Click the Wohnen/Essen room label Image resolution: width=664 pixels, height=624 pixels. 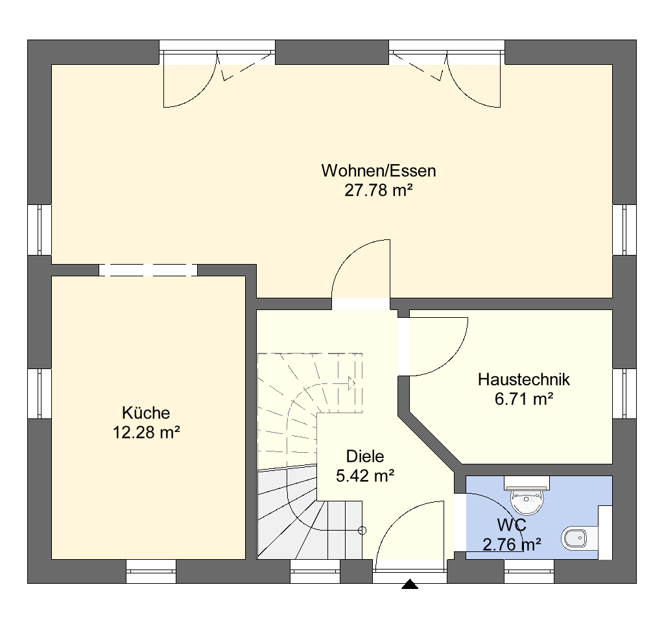coord(379,171)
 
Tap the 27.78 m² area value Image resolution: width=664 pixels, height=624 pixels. coord(379,191)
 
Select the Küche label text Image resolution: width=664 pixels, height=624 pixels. coord(146,413)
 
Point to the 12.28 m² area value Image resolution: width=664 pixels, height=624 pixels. coord(146,433)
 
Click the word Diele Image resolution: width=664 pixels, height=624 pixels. coord(365,456)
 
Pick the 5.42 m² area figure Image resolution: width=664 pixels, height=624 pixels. coord(365,476)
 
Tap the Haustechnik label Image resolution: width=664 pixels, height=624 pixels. coord(524,379)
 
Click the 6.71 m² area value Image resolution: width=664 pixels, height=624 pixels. coord(524,399)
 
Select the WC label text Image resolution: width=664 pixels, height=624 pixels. coord(512,525)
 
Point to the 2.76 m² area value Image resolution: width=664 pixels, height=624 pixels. coord(512,545)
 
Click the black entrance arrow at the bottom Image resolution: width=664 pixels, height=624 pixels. coord(410,584)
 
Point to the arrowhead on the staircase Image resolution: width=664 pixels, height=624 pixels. coord(351,383)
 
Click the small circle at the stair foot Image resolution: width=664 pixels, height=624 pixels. coord(362,531)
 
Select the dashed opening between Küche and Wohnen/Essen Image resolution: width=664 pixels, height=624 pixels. coord(148,270)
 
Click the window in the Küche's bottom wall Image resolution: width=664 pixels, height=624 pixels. coord(151,571)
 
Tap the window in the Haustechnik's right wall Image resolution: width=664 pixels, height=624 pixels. coord(624,394)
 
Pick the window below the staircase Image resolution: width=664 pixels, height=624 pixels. coord(315,571)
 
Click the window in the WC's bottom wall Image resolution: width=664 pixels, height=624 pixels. coord(529,571)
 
